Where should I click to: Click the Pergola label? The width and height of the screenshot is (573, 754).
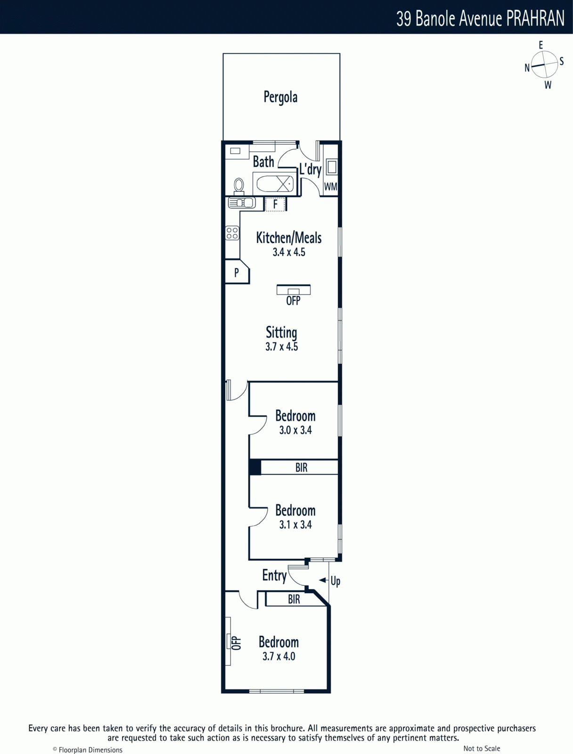pyautogui.click(x=280, y=97)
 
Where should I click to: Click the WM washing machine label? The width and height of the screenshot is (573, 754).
pyautogui.click(x=331, y=187)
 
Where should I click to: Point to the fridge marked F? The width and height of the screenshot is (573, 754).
pyautogui.click(x=275, y=205)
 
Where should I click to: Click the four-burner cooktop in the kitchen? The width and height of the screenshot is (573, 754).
pyautogui.click(x=232, y=233)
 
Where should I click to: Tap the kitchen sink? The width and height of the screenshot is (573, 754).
pyautogui.click(x=242, y=203)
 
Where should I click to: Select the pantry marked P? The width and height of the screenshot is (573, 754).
pyautogui.click(x=237, y=272)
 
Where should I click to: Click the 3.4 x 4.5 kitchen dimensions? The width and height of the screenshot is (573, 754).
pyautogui.click(x=289, y=252)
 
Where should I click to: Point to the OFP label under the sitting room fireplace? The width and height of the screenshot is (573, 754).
pyautogui.click(x=293, y=301)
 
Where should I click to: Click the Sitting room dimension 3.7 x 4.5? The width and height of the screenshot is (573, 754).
pyautogui.click(x=281, y=346)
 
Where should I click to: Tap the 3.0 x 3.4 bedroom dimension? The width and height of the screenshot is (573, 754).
pyautogui.click(x=295, y=430)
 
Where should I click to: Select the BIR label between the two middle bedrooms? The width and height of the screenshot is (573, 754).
pyautogui.click(x=302, y=467)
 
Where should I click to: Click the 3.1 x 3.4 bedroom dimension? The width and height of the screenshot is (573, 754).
pyautogui.click(x=295, y=525)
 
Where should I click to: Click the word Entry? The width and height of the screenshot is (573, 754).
pyautogui.click(x=274, y=576)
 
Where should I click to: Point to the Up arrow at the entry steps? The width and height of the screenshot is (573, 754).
pyautogui.click(x=323, y=580)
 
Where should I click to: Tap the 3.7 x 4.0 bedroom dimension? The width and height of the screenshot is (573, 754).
pyautogui.click(x=279, y=656)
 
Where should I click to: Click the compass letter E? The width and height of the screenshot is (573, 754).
pyautogui.click(x=541, y=45)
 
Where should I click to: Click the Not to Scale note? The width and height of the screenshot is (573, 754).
pyautogui.click(x=482, y=748)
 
